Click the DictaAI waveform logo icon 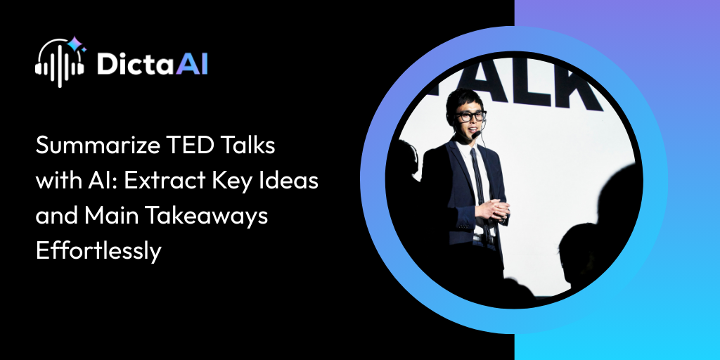(x=60, y=62)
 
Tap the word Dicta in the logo (x=130, y=63)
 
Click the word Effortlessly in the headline (x=99, y=251)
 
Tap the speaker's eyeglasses (x=470, y=116)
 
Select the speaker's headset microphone (x=477, y=133)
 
